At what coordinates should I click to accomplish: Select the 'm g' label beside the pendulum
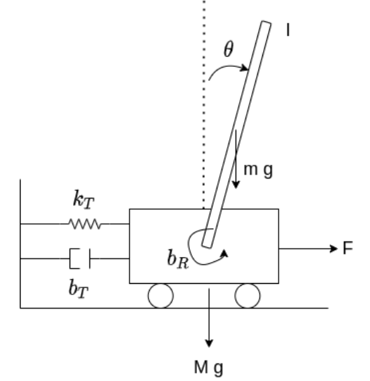[258, 170]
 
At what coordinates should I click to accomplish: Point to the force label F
[347, 249]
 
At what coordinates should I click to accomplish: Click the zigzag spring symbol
[86, 225]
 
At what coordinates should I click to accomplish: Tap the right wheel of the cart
[248, 296]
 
